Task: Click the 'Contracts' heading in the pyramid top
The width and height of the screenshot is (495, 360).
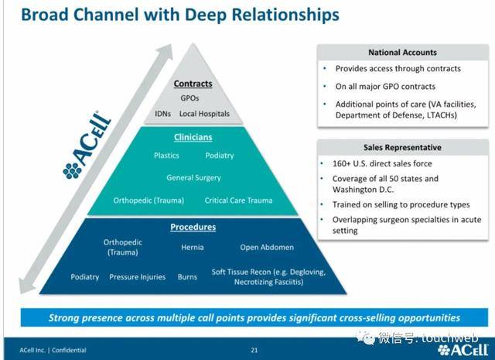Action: pyautogui.click(x=193, y=84)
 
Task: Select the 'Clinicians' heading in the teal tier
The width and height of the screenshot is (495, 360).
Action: pyautogui.click(x=193, y=137)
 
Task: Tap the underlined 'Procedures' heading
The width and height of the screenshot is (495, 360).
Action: pyautogui.click(x=193, y=227)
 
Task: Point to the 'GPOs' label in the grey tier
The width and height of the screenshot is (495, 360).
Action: pyautogui.click(x=189, y=98)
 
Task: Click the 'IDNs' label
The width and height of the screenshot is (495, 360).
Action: pyautogui.click(x=163, y=114)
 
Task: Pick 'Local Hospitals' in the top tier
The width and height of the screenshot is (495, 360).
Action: pyautogui.click(x=204, y=114)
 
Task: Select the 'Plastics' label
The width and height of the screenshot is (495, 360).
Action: pyautogui.click(x=166, y=156)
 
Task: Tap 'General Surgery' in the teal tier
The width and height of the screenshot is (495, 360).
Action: pyautogui.click(x=193, y=177)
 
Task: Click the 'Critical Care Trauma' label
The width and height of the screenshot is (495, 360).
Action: pyautogui.click(x=238, y=201)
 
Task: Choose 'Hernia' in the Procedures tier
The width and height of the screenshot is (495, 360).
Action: pyautogui.click(x=193, y=247)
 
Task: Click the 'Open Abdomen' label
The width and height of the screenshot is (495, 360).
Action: pyautogui.click(x=267, y=247)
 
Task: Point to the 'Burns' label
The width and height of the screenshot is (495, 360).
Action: pyautogui.click(x=187, y=277)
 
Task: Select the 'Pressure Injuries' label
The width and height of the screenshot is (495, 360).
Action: pyautogui.click(x=138, y=277)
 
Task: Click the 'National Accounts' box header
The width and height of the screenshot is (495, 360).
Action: pyautogui.click(x=402, y=53)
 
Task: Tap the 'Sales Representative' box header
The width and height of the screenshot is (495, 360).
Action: pyautogui.click(x=402, y=148)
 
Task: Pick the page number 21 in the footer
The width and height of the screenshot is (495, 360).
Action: pyautogui.click(x=254, y=350)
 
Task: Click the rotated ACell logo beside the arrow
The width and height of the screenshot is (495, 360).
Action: pyautogui.click(x=87, y=145)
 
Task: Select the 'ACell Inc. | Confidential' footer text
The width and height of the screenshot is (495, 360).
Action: pyautogui.click(x=53, y=350)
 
